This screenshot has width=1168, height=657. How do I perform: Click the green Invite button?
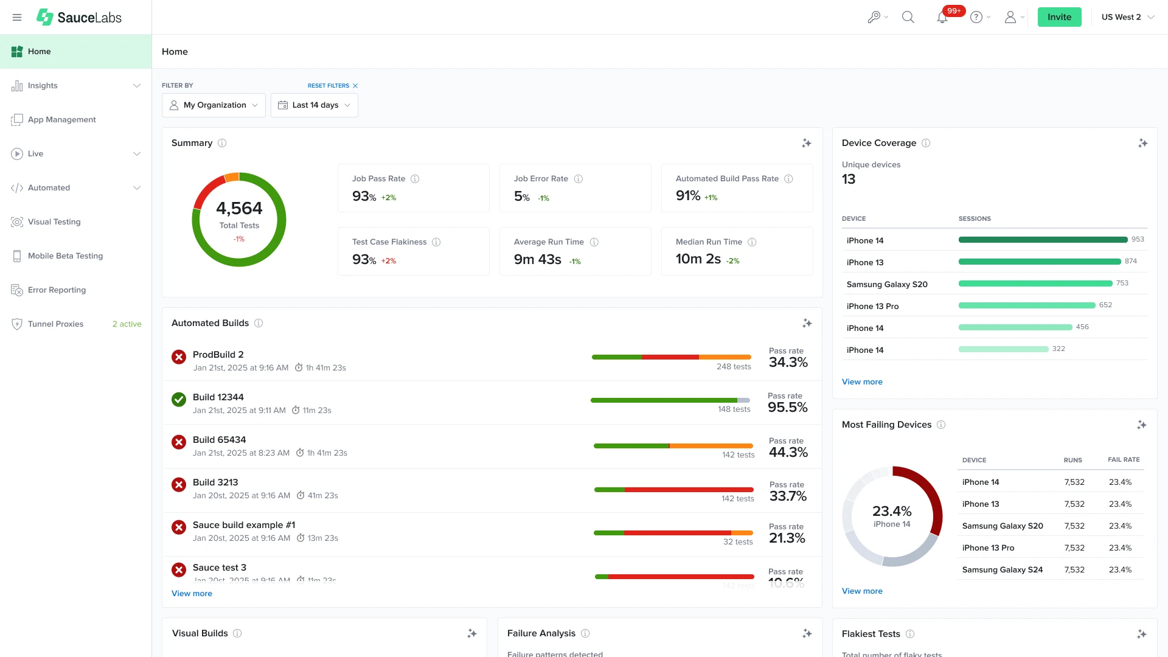1059,17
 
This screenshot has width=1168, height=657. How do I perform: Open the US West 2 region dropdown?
1127,17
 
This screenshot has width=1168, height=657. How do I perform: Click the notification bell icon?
942,18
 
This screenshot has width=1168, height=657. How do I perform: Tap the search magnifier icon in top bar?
908,17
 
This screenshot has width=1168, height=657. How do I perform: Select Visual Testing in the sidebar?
54,221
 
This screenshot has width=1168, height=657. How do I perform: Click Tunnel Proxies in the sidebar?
55,324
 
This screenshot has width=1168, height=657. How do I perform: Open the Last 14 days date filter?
314,105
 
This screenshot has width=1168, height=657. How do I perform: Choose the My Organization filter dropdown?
214,105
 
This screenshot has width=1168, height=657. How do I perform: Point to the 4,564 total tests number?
239,208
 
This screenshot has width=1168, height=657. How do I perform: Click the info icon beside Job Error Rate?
579,179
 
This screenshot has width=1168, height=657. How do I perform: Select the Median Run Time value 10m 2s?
698,259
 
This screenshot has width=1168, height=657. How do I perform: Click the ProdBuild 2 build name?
218,354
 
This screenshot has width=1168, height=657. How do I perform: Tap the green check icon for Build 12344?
178,400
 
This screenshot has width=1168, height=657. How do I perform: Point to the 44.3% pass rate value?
788,452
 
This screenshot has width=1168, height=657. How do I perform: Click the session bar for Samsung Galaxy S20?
1035,283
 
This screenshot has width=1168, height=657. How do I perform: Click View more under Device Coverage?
861,381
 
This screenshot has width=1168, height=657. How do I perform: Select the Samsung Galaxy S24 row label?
1002,569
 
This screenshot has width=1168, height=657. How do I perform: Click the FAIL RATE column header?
1123,460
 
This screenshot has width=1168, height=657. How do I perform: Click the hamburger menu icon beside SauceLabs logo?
17,17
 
